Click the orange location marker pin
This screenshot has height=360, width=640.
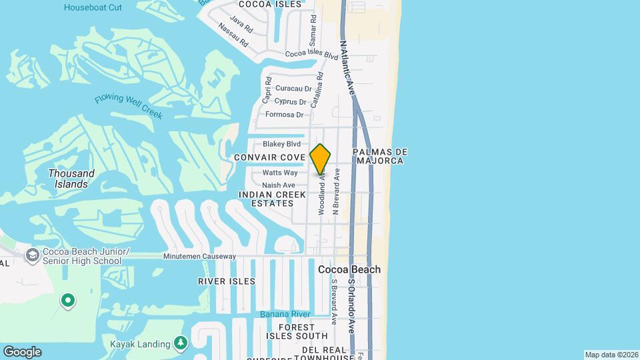pos(320,159)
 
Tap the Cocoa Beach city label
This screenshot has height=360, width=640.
pos(349,269)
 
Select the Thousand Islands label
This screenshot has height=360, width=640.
pos(71,179)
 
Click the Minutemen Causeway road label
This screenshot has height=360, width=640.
pos(200,257)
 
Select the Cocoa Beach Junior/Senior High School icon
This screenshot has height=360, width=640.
pos(31,255)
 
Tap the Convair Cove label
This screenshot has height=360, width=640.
pos(269,157)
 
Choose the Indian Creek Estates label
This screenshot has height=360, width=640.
pos(266,199)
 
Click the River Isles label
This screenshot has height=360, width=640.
pos(227,281)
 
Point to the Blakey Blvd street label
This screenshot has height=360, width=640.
pos(281,144)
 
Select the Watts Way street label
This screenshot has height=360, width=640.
pos(279,173)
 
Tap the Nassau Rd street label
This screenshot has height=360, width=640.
pos(234,36)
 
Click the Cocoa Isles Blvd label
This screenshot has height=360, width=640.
pos(312,53)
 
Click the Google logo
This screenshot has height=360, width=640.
pos(22,352)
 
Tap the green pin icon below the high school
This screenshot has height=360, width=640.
pos(67,301)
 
